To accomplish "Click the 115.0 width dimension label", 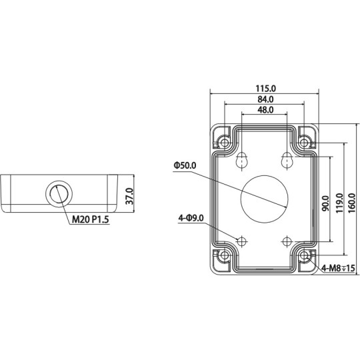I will point(265,88).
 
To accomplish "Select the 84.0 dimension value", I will point(265,99).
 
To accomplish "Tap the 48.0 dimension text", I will point(265,110).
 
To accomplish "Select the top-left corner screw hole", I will point(224,142).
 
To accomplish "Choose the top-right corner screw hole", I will point(305,142).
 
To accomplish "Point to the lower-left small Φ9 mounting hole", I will point(243,240).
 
